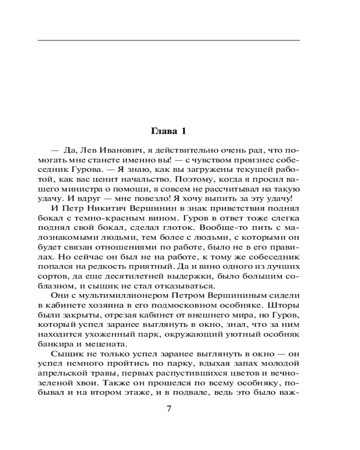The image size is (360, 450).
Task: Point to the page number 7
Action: click(x=169, y=409)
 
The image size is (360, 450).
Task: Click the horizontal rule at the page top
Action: click(x=169, y=41)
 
